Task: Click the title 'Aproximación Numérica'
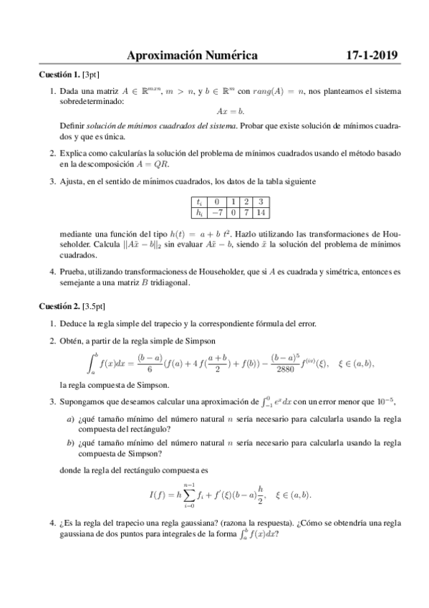point(191,55)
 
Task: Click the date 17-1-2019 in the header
point(372,55)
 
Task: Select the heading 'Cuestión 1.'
point(59,75)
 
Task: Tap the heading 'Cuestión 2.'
point(59,306)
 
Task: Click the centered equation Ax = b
point(231,110)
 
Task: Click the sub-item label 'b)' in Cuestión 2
point(70,443)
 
